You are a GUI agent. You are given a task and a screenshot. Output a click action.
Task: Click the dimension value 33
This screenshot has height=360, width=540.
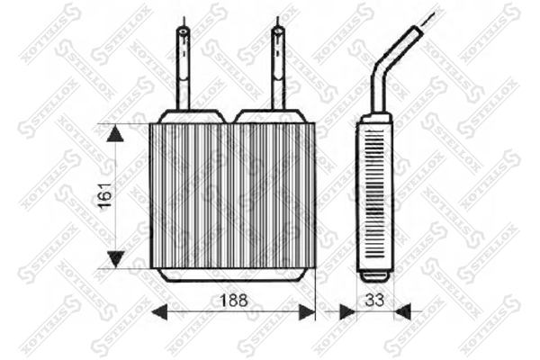[x=373, y=299]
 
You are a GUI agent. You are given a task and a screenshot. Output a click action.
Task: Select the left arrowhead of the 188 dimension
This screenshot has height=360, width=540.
[x=159, y=312]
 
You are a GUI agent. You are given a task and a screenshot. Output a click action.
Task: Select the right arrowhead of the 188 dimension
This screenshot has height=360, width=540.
[x=307, y=312]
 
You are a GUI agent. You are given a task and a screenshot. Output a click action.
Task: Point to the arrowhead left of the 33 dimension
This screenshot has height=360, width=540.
[x=346, y=312]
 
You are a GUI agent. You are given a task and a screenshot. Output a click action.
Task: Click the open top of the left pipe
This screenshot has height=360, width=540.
[x=184, y=32]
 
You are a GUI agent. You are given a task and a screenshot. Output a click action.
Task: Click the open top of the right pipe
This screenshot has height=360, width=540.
[x=278, y=32]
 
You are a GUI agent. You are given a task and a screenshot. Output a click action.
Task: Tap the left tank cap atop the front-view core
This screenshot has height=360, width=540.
[x=190, y=116]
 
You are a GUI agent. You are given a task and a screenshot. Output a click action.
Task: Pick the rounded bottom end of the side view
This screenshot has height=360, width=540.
[x=373, y=273]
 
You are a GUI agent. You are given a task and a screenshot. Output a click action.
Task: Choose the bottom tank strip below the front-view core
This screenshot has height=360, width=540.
[x=232, y=274]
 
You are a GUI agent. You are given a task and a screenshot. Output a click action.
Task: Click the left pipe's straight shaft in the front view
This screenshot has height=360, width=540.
[x=184, y=72]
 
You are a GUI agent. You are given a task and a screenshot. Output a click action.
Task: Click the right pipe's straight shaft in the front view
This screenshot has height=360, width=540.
[x=278, y=72]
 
